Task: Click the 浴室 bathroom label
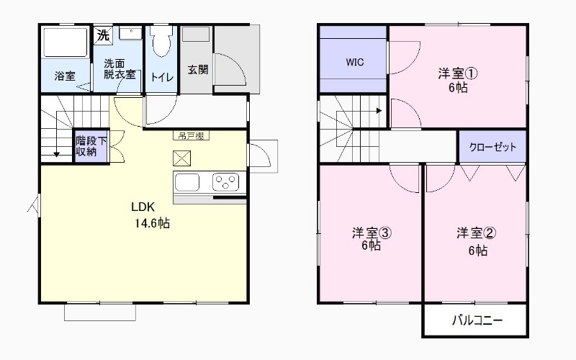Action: (x=65, y=76)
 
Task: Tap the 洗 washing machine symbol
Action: (x=103, y=35)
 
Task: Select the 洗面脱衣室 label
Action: (x=119, y=68)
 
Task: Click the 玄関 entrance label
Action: (x=198, y=70)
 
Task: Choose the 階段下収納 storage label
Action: (x=90, y=146)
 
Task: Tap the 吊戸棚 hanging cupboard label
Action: (x=191, y=135)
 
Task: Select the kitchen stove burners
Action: (x=225, y=181)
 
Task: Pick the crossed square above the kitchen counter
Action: (x=181, y=158)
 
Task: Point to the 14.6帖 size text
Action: (x=151, y=223)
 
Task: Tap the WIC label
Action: (x=354, y=62)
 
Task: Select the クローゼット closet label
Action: (x=493, y=147)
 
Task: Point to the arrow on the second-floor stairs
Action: (x=377, y=111)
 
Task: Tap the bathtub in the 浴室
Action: (x=66, y=42)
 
